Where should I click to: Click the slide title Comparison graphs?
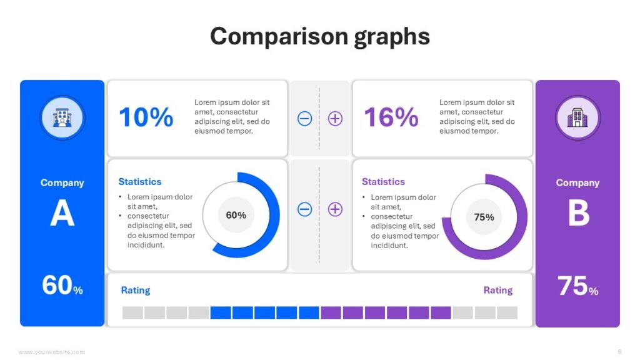click(x=320, y=36)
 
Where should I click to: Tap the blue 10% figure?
click(x=146, y=117)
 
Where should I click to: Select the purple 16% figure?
click(x=391, y=117)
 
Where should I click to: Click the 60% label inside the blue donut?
click(x=236, y=215)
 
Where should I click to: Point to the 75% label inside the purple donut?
click(x=484, y=217)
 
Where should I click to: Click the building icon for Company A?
click(x=62, y=117)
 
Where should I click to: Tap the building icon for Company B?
click(x=577, y=117)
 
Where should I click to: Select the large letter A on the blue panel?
click(x=62, y=214)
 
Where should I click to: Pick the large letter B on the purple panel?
click(x=578, y=214)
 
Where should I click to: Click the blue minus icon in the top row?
click(x=304, y=118)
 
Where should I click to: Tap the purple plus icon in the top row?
click(x=336, y=118)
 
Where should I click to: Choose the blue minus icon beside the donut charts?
click(x=304, y=209)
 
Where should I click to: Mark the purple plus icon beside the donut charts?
click(x=336, y=209)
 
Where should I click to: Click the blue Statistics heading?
click(x=140, y=182)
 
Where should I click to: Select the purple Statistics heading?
click(x=383, y=182)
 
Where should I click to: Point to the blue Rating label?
click(x=136, y=290)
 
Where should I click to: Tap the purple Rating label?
click(x=498, y=290)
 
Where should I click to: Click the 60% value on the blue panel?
click(x=62, y=286)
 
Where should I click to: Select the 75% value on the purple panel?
click(x=577, y=286)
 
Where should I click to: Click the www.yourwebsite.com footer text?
click(x=52, y=352)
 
